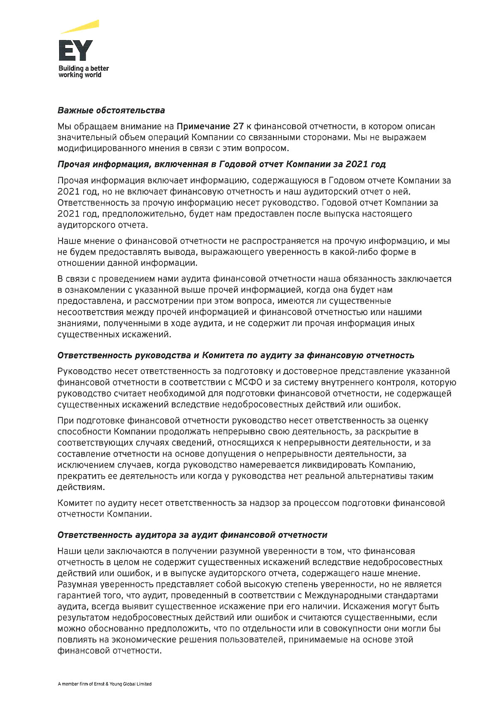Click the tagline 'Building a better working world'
pos(83,71)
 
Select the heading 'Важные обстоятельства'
pos(111,111)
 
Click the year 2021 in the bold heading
pos(357,164)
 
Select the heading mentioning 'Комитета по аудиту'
pos(236,355)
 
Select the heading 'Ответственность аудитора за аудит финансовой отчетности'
pos(192,535)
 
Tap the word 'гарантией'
pos(78,596)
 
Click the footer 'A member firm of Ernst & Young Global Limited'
pos(104,684)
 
